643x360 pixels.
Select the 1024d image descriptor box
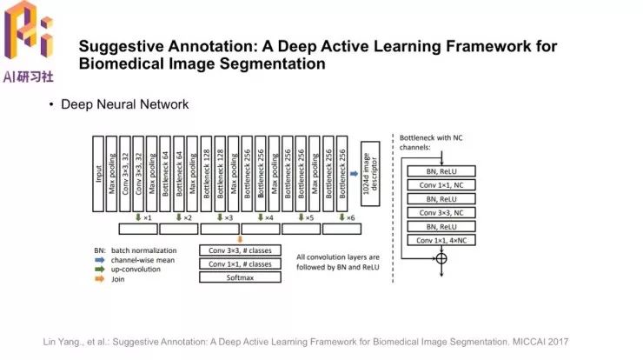click(371, 174)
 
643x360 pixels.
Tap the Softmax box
click(240, 277)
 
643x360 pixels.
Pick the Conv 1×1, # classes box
click(240, 264)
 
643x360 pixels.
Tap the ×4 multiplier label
click(268, 217)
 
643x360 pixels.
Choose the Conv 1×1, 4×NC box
click(443, 240)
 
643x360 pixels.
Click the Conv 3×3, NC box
click(443, 212)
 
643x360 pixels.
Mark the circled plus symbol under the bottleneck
click(442, 258)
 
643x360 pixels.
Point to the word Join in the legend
click(119, 281)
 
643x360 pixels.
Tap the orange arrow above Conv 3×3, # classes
click(240, 239)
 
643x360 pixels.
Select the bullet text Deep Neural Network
click(124, 104)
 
